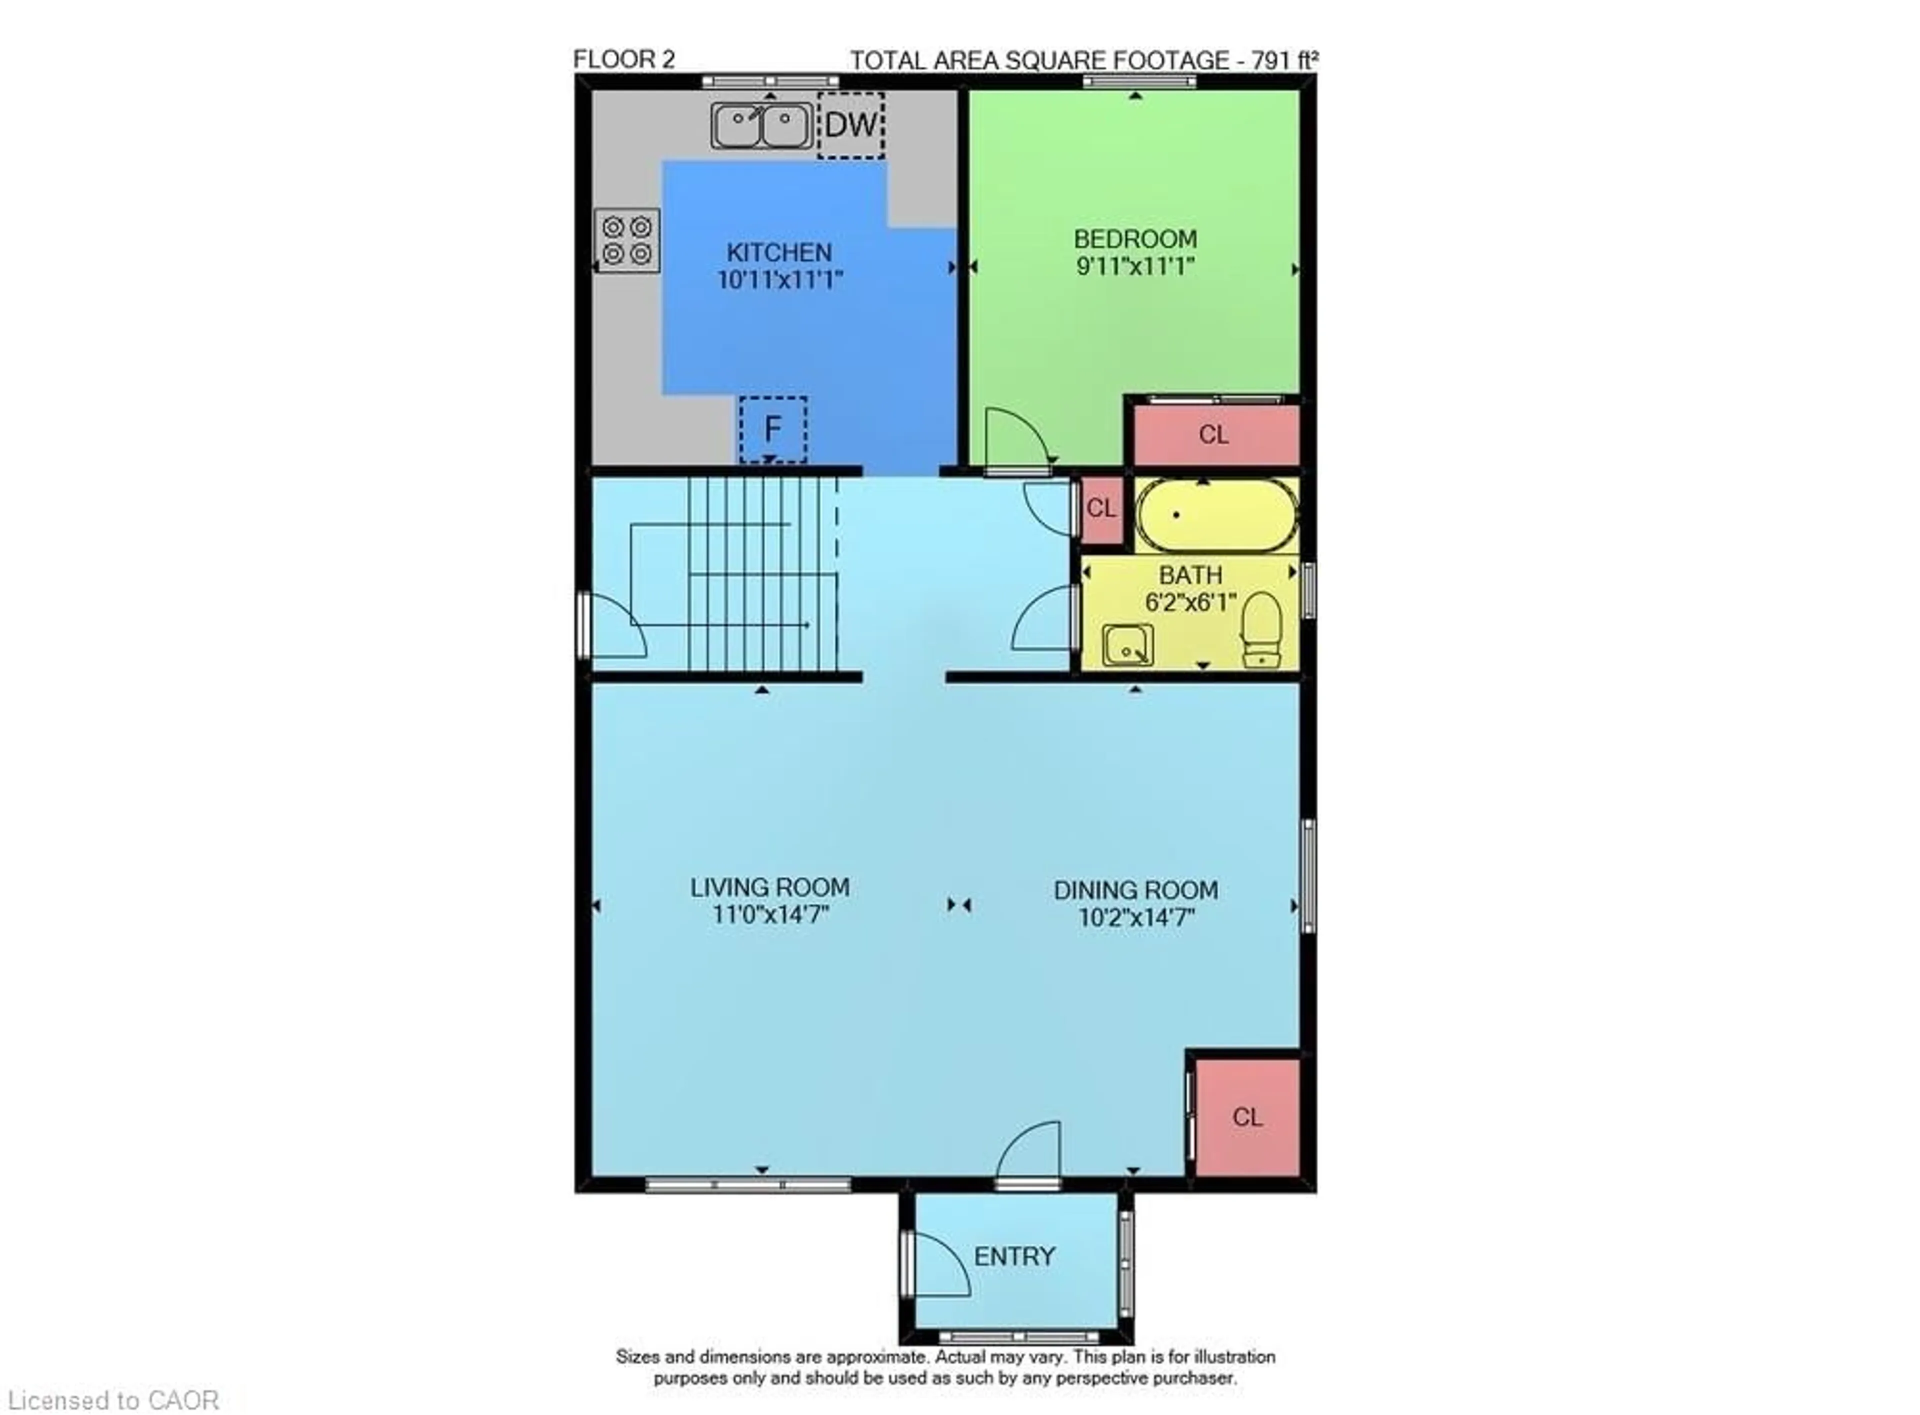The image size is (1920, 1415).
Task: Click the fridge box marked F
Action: point(772,428)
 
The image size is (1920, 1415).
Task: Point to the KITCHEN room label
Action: point(778,252)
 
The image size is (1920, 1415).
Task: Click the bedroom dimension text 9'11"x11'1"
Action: point(1134,266)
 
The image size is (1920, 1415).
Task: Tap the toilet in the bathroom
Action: point(1260,629)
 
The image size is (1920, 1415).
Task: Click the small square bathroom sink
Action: point(1127,645)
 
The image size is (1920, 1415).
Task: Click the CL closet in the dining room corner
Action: point(1247,1117)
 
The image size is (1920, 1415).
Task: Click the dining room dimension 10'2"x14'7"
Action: point(1135,918)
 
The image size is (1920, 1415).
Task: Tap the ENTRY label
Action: point(1014,1256)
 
